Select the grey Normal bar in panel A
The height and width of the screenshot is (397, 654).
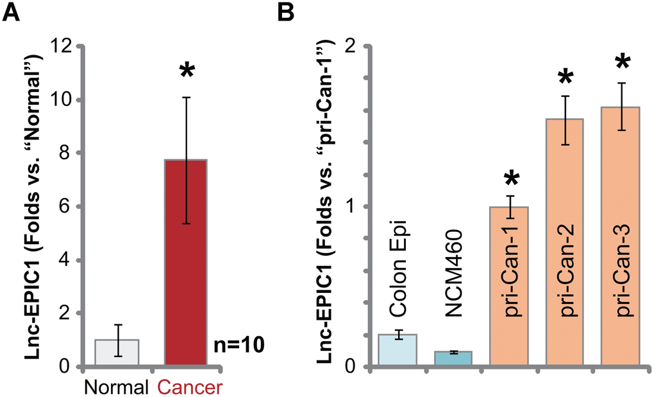pyautogui.click(x=117, y=353)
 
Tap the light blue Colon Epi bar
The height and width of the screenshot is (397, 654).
pyautogui.click(x=398, y=351)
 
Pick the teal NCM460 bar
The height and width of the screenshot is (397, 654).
pyautogui.click(x=453, y=359)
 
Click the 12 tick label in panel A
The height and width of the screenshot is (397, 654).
pyautogui.click(x=62, y=47)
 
